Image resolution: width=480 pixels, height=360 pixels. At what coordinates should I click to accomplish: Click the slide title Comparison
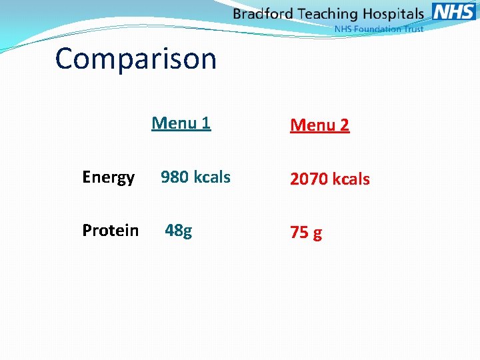coord(136,59)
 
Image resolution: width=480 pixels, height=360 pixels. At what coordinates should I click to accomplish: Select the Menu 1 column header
coord(181,123)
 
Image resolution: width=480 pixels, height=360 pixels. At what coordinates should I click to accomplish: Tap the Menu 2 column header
coord(319,125)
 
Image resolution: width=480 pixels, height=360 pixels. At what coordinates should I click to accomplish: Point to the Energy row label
coord(108,177)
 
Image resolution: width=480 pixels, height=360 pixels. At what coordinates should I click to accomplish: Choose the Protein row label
coord(110,231)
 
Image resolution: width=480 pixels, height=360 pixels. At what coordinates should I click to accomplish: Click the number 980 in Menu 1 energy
coord(175,177)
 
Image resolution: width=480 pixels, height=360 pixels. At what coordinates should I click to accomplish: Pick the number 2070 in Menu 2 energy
coord(309,179)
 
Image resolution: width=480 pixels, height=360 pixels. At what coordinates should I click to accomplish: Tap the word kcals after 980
coord(212,177)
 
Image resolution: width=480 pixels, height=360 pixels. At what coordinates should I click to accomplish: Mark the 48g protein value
coord(178,231)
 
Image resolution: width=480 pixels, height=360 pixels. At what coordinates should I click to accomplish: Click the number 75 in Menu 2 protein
coord(299,233)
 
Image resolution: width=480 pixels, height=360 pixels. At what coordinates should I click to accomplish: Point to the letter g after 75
coord(317,234)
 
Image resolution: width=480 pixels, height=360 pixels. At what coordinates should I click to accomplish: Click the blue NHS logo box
coord(454,11)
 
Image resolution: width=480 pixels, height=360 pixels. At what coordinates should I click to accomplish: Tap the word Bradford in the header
coord(264,14)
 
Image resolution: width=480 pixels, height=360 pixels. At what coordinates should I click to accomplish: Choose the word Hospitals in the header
coord(393,14)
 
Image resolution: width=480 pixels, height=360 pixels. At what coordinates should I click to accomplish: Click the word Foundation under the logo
coord(377,29)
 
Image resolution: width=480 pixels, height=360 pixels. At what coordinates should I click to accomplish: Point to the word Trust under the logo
coord(413,29)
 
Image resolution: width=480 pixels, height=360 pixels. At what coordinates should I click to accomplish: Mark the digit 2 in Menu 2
coord(343,125)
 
